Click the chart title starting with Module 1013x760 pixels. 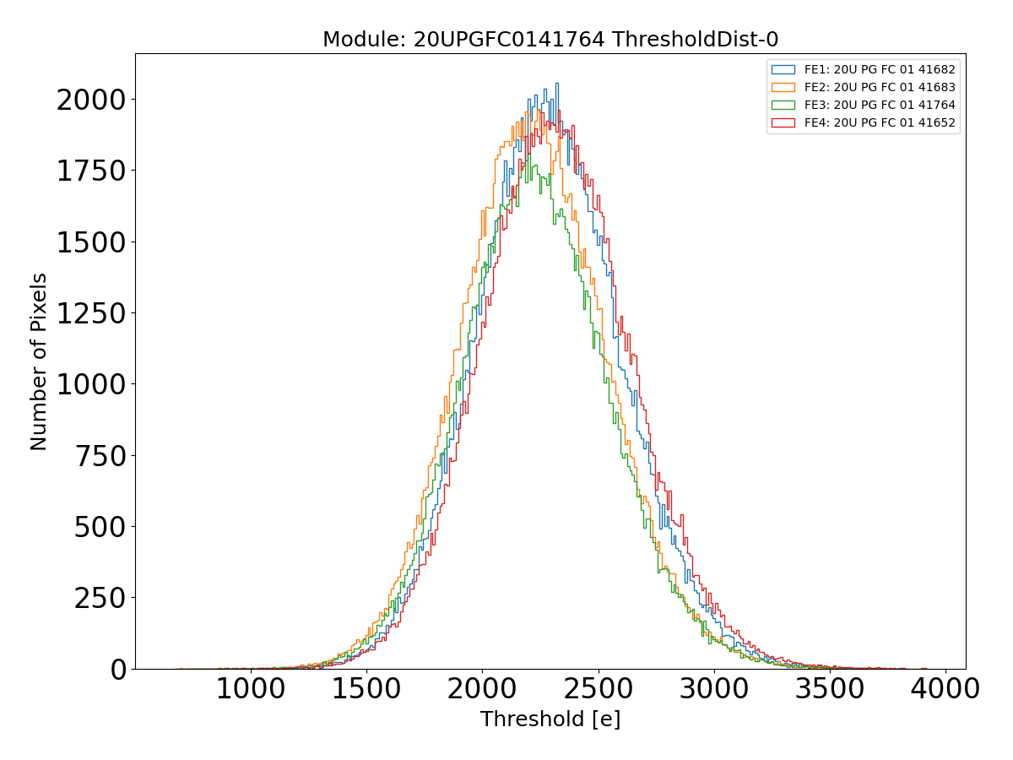550,40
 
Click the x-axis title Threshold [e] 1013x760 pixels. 550,719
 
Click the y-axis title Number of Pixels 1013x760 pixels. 39,361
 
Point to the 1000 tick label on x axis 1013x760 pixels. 251,689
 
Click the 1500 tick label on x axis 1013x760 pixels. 366,689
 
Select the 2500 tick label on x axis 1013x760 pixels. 598,689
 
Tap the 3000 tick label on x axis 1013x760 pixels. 713,689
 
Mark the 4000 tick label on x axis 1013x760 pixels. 945,689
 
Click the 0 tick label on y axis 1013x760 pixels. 118,670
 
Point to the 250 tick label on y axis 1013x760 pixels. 100,599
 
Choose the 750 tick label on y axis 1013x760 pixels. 100,456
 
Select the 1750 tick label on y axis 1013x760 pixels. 90,171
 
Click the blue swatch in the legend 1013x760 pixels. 783,69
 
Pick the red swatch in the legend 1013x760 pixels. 783,122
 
